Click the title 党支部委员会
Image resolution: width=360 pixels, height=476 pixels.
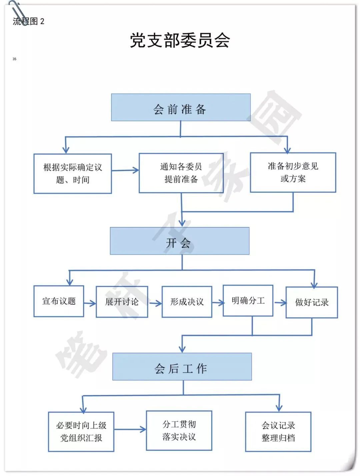(x=180, y=40)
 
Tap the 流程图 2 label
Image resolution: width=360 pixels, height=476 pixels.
(x=28, y=21)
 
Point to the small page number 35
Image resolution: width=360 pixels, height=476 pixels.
(x=14, y=59)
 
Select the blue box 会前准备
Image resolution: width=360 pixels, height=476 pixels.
(x=181, y=107)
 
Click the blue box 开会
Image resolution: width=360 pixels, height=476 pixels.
(x=180, y=241)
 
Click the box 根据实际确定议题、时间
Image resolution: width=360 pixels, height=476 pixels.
(x=73, y=173)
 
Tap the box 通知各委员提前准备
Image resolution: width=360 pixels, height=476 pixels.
(x=181, y=173)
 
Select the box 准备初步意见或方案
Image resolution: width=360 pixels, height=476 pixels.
(x=293, y=172)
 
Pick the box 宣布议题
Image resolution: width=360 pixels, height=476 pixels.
(x=59, y=301)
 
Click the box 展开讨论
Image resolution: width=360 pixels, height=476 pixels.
(x=122, y=302)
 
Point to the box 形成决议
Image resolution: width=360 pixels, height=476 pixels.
(x=187, y=302)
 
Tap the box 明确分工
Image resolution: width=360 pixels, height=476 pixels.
(x=248, y=301)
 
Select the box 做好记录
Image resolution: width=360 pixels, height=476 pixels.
(x=312, y=303)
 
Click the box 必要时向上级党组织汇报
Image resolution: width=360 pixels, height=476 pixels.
(x=81, y=432)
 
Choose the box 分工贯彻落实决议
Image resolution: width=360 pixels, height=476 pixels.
(x=179, y=430)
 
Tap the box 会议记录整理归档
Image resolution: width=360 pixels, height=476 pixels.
(x=278, y=432)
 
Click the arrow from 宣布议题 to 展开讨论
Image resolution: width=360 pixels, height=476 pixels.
(x=90, y=303)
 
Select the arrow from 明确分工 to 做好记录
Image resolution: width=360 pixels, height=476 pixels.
(x=280, y=303)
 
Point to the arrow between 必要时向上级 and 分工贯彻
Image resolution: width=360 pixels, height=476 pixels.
(x=130, y=429)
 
